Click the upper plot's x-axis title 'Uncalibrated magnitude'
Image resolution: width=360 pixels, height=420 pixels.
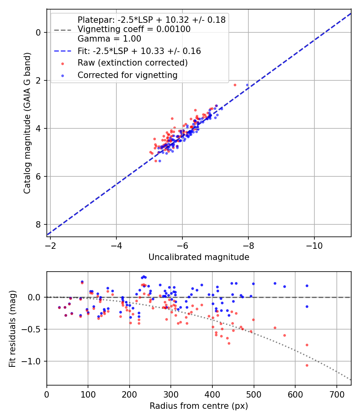[199, 257]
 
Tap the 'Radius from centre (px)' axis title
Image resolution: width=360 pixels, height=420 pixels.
[199, 406]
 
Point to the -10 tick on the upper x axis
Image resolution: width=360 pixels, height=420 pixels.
[314, 244]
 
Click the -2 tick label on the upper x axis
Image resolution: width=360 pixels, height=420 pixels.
[50, 244]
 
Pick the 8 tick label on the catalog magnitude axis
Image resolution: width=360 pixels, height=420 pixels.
[39, 224]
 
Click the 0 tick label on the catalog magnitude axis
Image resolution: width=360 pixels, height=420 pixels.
[39, 32]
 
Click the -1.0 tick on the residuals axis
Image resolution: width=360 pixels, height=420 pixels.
[33, 361]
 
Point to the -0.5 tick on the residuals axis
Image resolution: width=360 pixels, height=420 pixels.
[33, 329]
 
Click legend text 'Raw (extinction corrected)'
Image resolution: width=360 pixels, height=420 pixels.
[132, 63]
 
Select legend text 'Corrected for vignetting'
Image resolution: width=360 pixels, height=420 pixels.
[127, 75]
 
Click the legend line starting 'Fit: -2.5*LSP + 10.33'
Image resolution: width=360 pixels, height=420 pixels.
[139, 51]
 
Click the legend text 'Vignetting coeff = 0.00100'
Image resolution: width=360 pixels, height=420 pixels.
[134, 29]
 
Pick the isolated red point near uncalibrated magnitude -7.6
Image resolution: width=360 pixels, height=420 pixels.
[235, 85]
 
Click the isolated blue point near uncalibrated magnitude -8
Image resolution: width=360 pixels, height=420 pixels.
[247, 85]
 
